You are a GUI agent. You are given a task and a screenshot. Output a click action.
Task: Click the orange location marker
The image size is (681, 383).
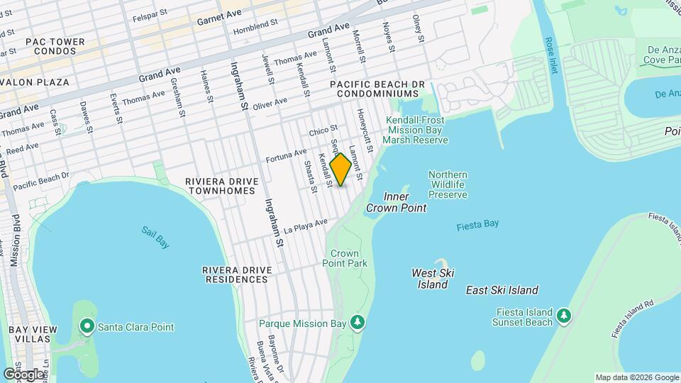click(340, 169)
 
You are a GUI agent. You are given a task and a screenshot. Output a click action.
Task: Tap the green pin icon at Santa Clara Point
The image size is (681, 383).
click(87, 326)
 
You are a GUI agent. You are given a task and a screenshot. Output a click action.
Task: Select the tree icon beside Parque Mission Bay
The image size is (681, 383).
click(358, 323)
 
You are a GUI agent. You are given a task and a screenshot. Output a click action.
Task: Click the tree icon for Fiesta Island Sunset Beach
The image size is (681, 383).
click(563, 314)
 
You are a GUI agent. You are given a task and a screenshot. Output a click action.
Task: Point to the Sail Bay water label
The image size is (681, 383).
click(155, 237)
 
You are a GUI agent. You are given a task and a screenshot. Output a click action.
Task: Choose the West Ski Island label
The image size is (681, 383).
click(433, 279)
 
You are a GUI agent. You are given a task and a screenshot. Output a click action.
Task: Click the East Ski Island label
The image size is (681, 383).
click(502, 290)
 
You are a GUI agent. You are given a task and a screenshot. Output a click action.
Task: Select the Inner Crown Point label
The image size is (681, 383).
click(396, 202)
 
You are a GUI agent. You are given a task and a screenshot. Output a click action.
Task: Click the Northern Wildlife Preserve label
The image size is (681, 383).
click(448, 184)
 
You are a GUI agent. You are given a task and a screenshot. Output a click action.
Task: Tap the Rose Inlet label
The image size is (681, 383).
click(551, 55)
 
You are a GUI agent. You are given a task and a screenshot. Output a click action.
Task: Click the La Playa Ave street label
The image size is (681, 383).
click(306, 226)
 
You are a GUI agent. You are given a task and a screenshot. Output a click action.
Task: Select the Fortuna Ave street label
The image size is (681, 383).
click(287, 155)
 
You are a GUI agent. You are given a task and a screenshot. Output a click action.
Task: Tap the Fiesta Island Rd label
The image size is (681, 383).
click(632, 318)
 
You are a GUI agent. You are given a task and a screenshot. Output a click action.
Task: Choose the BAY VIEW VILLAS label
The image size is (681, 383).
click(28, 335)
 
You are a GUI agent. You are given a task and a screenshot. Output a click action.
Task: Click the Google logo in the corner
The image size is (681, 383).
click(23, 374)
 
